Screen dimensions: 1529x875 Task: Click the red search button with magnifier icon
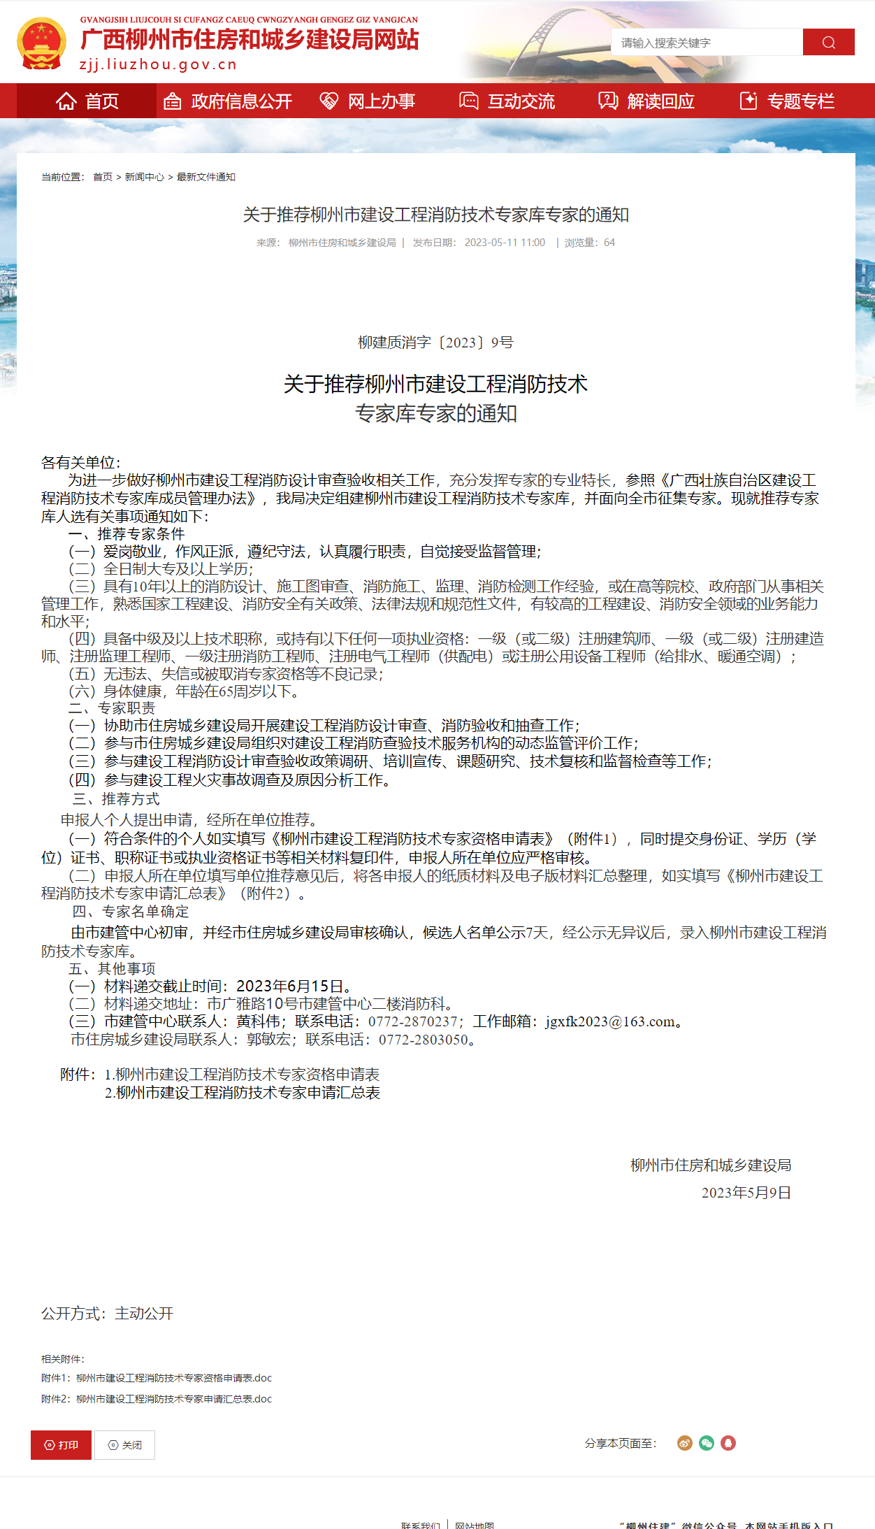(828, 42)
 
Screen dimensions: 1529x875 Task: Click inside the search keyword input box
(706, 43)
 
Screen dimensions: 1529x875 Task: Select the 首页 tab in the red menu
(87, 101)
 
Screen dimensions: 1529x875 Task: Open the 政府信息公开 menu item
(228, 101)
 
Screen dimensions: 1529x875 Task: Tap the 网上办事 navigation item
(368, 101)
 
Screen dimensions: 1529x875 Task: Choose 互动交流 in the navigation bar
(507, 101)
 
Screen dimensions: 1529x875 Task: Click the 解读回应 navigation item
(647, 101)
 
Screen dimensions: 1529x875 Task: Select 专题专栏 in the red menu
(787, 101)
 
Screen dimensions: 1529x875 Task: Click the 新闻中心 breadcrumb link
(145, 177)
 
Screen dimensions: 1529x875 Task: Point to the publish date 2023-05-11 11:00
(505, 243)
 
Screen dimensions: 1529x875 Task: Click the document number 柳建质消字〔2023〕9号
(435, 343)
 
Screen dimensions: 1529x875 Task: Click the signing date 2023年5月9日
(746, 1193)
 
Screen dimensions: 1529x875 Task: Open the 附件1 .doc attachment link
(174, 1378)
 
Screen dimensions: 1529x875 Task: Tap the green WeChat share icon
(707, 1443)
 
